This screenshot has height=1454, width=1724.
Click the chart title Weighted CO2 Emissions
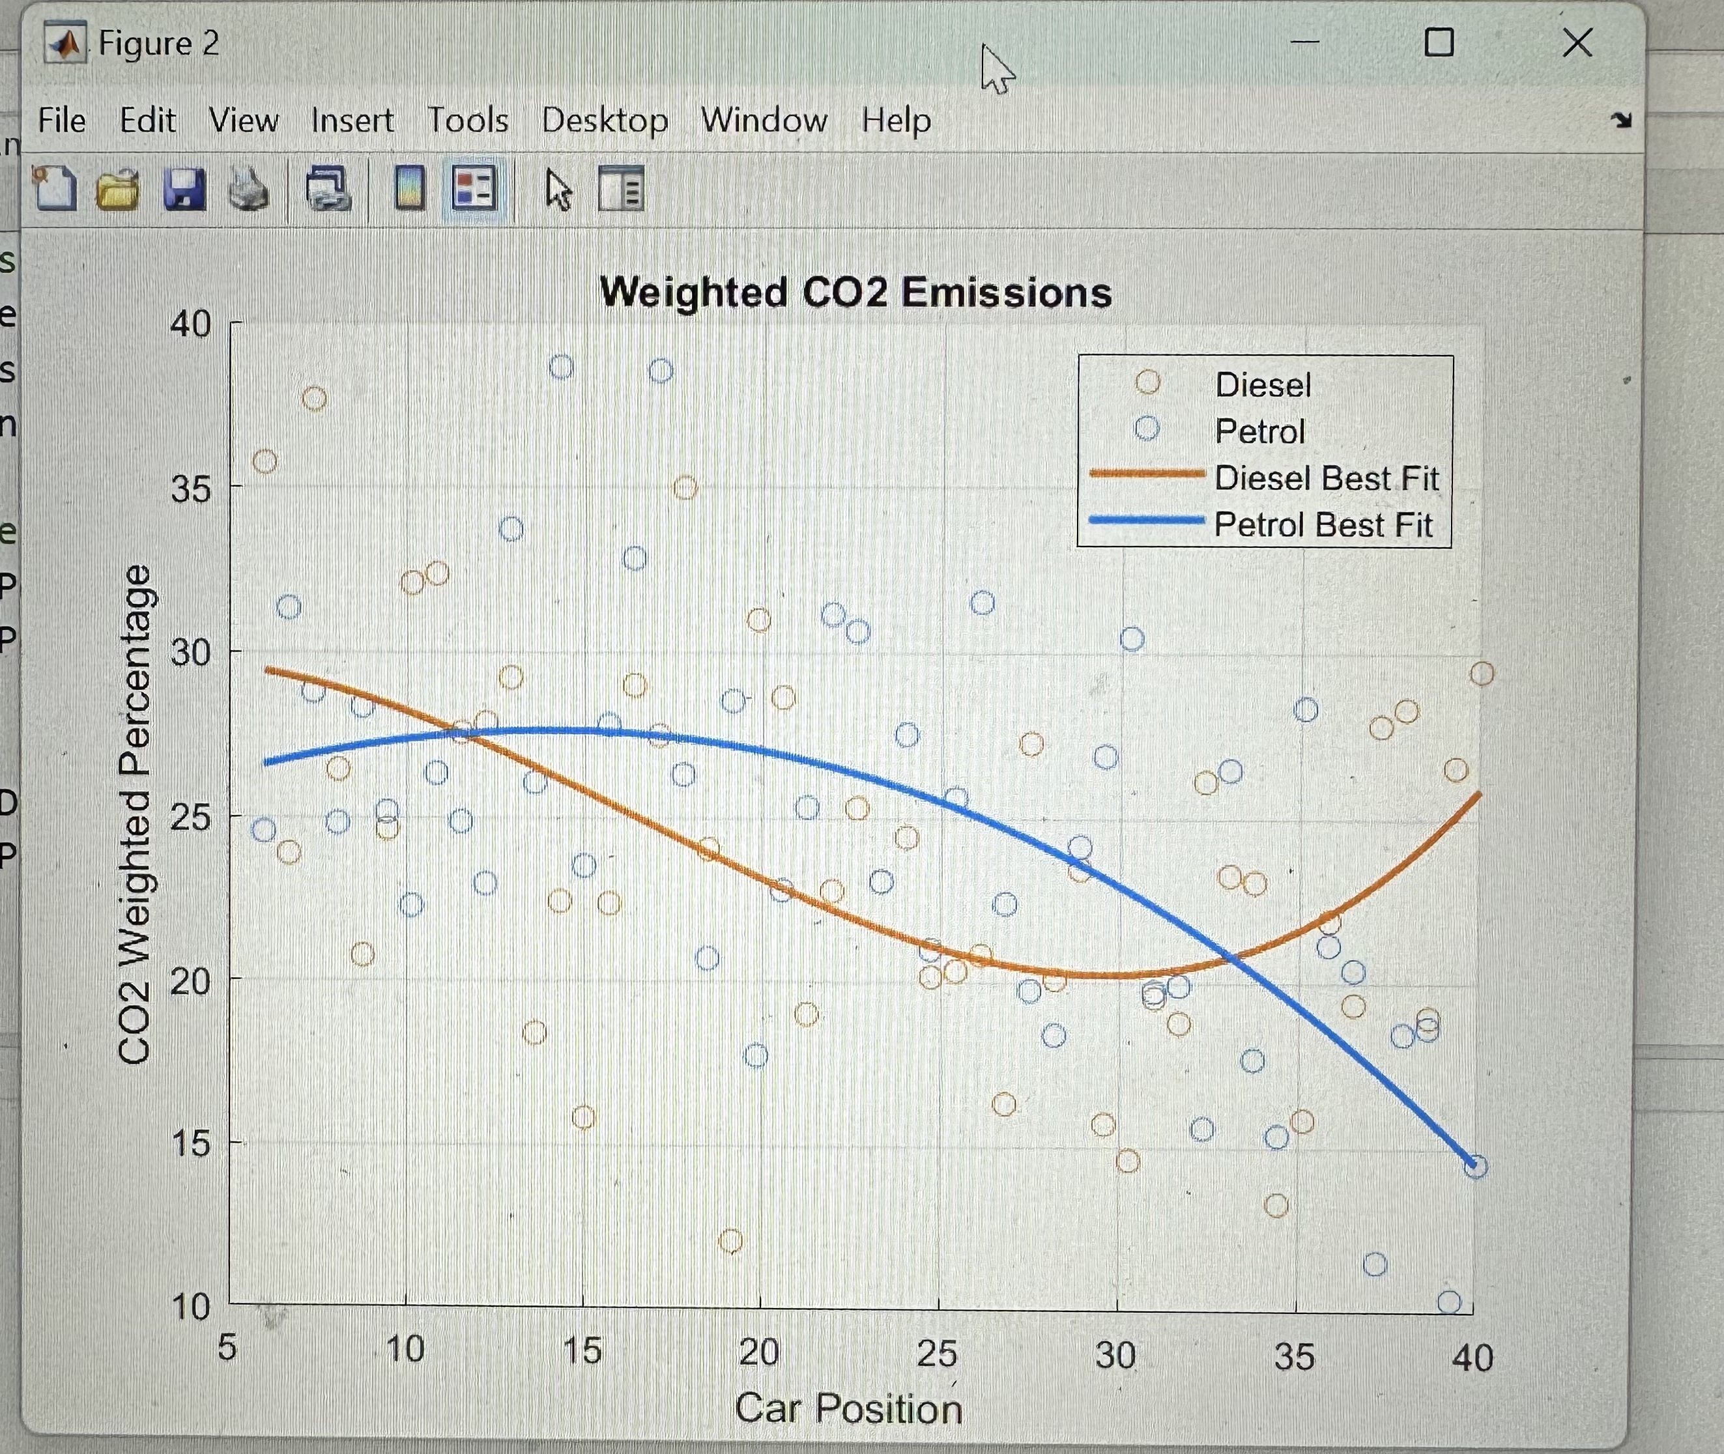[x=855, y=292]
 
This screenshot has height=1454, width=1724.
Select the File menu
[x=62, y=121]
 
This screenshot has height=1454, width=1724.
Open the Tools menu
[x=467, y=121]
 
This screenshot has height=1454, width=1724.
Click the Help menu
[x=897, y=121]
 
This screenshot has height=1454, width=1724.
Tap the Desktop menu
[x=605, y=121]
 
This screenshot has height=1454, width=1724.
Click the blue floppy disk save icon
[x=184, y=189]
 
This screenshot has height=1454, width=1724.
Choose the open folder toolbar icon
[x=118, y=189]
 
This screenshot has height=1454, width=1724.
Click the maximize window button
[x=1439, y=43]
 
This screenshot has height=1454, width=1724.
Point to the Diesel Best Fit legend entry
[x=1326, y=478]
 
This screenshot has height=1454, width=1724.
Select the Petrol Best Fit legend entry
[x=1323, y=525]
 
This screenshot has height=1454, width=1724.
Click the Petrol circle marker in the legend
[x=1147, y=429]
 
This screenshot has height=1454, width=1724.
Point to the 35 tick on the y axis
[x=190, y=489]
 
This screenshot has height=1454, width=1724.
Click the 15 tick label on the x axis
[x=582, y=1351]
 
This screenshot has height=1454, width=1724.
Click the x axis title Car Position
[x=848, y=1408]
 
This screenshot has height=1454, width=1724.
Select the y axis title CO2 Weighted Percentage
[x=134, y=814]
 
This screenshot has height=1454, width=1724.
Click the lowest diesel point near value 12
[x=730, y=1240]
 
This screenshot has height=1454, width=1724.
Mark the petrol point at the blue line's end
[x=1476, y=1166]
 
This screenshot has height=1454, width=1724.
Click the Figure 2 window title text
[x=159, y=43]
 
